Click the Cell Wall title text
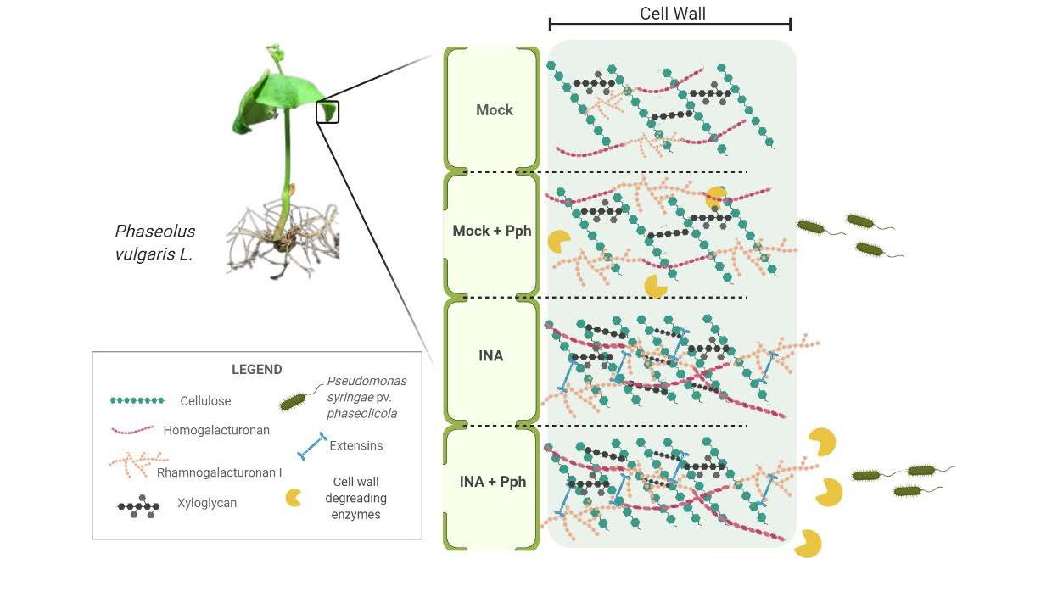(x=672, y=13)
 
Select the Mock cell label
(x=494, y=110)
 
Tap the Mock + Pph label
(x=491, y=231)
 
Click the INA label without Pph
(x=490, y=356)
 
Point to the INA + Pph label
(x=492, y=482)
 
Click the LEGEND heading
(x=256, y=370)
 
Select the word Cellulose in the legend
(x=205, y=400)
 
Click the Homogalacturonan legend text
(x=216, y=431)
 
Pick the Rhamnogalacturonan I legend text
(x=220, y=472)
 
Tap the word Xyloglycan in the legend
(x=206, y=503)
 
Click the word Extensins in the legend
(x=355, y=445)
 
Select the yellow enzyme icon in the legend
(x=294, y=498)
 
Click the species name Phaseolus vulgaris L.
(x=154, y=242)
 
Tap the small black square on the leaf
(x=327, y=112)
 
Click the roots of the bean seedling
(x=280, y=242)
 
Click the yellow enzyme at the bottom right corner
(x=807, y=544)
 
